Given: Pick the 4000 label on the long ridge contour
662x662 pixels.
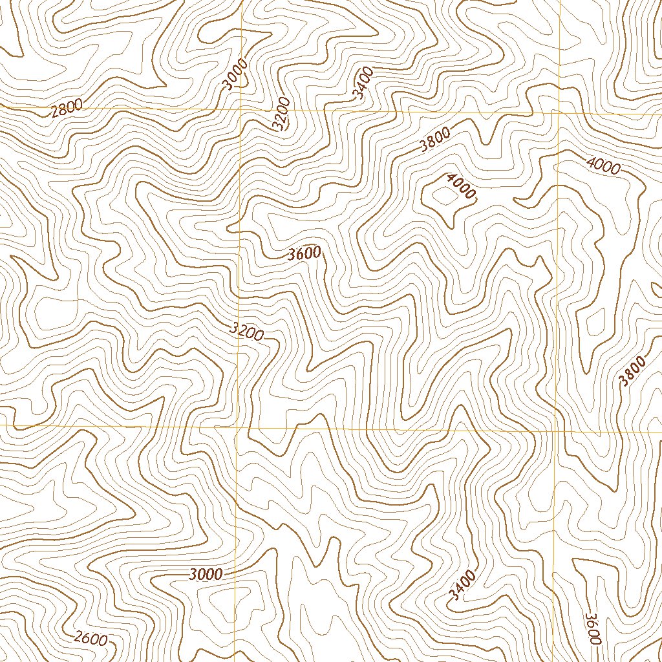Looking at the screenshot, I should (603, 165).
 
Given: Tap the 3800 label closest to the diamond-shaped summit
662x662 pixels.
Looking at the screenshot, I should (434, 140).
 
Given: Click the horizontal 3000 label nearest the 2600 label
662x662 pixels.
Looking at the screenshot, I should (207, 573).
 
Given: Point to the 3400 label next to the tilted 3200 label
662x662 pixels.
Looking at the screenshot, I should (363, 83).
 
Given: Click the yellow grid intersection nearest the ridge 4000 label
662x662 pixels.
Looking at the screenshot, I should (557, 112).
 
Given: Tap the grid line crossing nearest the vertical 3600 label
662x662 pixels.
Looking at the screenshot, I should (557, 431).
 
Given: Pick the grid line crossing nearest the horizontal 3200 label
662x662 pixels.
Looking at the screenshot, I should (240, 427).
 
